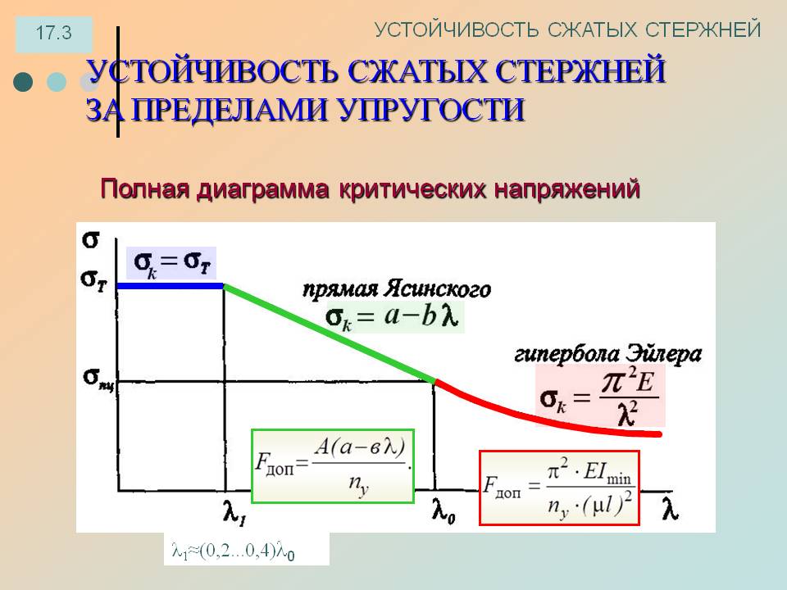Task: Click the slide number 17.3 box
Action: coord(54,34)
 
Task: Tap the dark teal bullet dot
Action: coord(23,82)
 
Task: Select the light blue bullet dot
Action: coord(57,82)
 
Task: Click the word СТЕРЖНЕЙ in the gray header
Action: coord(703,29)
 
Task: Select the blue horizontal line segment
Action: coord(171,286)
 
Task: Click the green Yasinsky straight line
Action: coord(330,334)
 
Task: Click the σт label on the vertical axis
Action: coord(93,279)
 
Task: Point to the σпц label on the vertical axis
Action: coord(99,379)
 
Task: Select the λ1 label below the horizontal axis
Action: coord(234,512)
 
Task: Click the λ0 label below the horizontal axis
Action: coord(444,511)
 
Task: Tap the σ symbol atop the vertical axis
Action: coord(90,240)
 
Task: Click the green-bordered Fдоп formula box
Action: coord(333,466)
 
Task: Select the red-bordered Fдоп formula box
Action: coord(560,488)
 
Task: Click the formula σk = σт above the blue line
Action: coord(171,263)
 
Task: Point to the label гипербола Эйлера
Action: coord(607,354)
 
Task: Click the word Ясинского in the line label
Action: coord(438,289)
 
